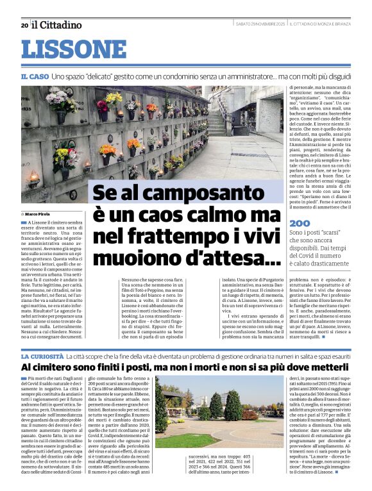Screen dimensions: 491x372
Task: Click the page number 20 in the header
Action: click(x=24, y=26)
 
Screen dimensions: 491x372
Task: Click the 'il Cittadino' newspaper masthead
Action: click(x=57, y=25)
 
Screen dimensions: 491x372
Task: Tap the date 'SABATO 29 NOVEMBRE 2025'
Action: click(x=260, y=24)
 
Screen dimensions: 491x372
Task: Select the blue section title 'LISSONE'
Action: click(x=65, y=49)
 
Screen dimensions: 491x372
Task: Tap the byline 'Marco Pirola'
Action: click(x=40, y=213)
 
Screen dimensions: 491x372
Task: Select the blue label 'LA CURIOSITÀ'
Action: click(x=43, y=356)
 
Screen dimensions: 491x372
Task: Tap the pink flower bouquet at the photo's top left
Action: click(x=62, y=99)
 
